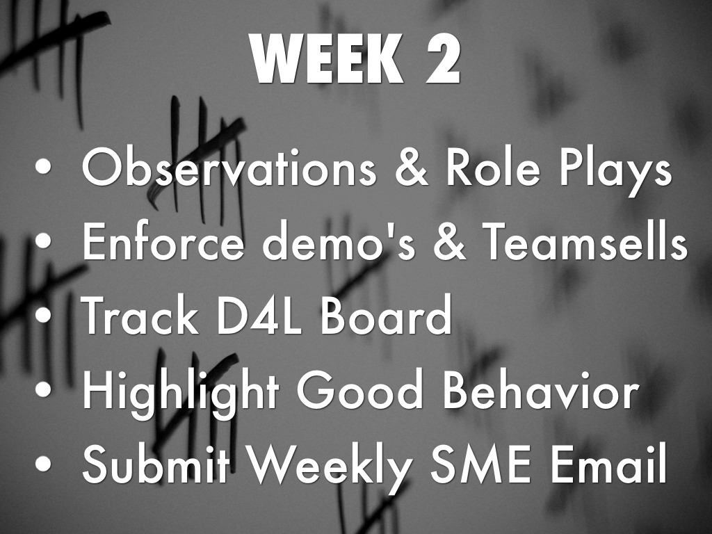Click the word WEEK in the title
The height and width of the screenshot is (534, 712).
coord(327,60)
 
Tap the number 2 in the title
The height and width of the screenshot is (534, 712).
coord(443,60)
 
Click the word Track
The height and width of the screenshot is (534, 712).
coord(140,315)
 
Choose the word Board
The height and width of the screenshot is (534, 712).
coord(386,315)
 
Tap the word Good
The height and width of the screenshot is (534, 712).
coord(359,389)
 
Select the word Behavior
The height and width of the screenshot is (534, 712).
coord(541,389)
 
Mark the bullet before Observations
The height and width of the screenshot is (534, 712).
coord(43,167)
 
